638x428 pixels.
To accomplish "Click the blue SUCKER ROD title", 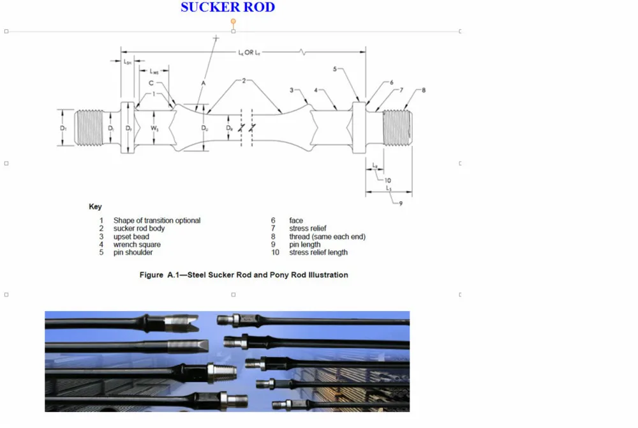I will pyautogui.click(x=228, y=8).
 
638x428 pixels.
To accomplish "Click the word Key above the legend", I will pyautogui.click(x=95, y=207).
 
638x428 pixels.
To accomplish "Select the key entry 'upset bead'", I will pyautogui.click(x=131, y=236).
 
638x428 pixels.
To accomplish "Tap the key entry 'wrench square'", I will pyautogui.click(x=137, y=245).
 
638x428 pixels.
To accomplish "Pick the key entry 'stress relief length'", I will pyautogui.click(x=318, y=252).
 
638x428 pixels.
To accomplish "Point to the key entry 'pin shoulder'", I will pyautogui.click(x=133, y=252).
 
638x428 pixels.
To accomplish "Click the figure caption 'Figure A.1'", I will pyautogui.click(x=244, y=275).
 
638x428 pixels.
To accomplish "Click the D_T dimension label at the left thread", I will pyautogui.click(x=63, y=128).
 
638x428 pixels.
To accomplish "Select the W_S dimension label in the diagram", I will pyautogui.click(x=154, y=128).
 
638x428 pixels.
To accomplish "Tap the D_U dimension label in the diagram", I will pyautogui.click(x=205, y=128).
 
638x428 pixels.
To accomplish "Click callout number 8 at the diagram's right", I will pyautogui.click(x=424, y=90).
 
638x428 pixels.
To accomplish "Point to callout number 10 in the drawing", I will pyautogui.click(x=387, y=180).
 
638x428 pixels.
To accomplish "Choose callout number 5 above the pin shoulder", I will pyautogui.click(x=335, y=69).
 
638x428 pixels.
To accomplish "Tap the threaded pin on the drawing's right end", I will pyautogui.click(x=397, y=127).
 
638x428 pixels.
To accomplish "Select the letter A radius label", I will pyautogui.click(x=203, y=84).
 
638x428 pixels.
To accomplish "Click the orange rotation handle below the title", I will pyautogui.click(x=234, y=21).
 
